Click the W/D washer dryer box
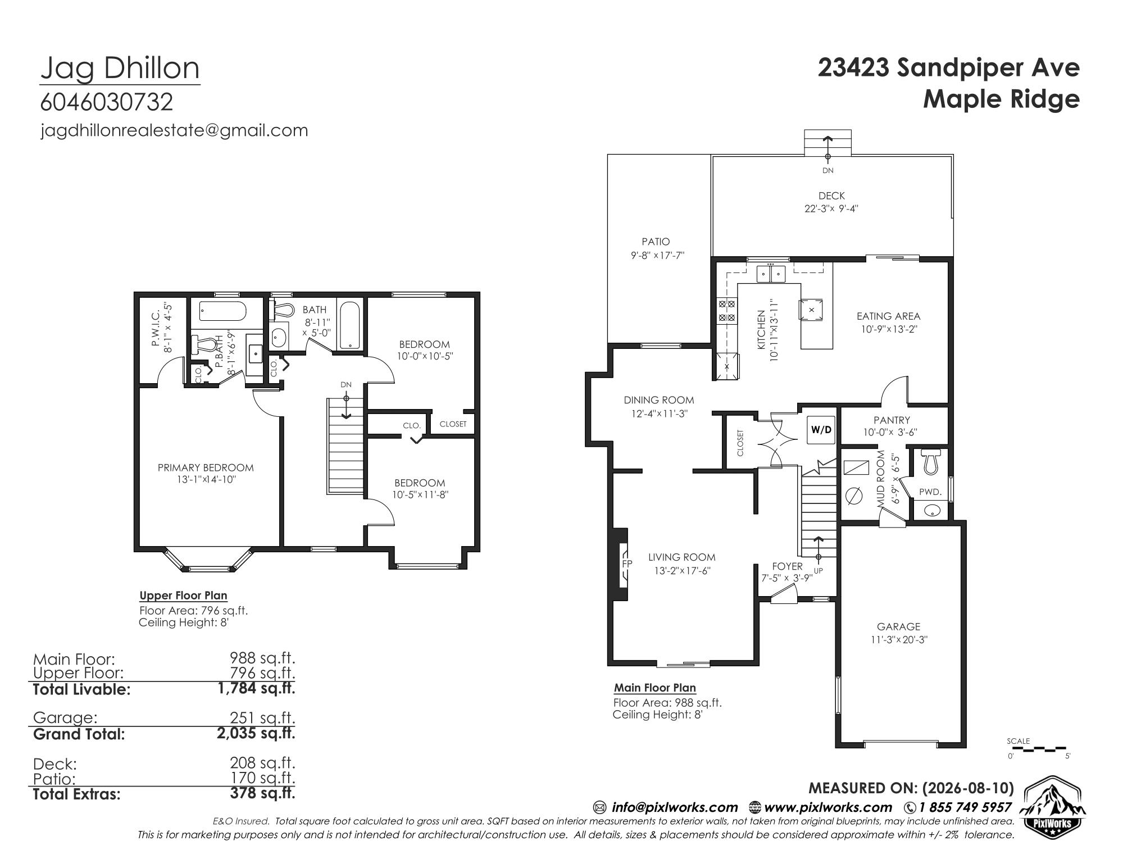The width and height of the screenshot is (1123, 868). (x=821, y=430)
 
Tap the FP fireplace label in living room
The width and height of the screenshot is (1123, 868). (x=627, y=563)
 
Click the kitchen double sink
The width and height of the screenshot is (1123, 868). (x=770, y=274)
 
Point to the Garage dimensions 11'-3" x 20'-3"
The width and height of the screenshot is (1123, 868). (x=899, y=639)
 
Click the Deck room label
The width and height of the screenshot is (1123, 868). (x=832, y=196)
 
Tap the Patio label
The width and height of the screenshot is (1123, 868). (x=656, y=242)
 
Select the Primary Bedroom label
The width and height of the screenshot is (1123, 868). (x=206, y=467)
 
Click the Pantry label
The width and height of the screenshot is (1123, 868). (x=892, y=420)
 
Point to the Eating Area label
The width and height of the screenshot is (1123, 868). (x=888, y=316)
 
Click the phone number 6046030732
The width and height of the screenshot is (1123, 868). (x=107, y=102)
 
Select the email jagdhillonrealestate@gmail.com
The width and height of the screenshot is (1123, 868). (x=174, y=130)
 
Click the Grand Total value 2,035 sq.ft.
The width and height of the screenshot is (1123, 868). (x=256, y=733)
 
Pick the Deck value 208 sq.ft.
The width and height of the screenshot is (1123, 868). (x=262, y=762)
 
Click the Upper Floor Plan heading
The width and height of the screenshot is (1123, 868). (x=183, y=596)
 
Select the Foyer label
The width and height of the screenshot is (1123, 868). (x=787, y=566)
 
